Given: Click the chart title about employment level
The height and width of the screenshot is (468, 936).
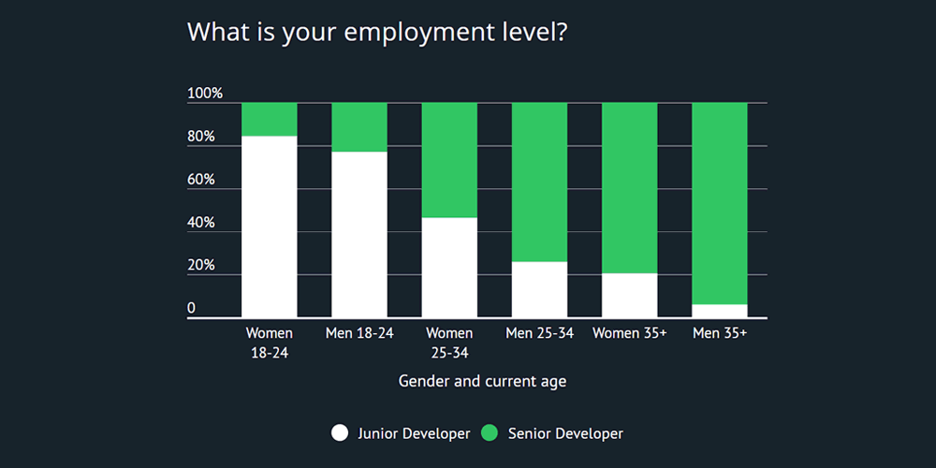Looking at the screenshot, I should pyautogui.click(x=377, y=32).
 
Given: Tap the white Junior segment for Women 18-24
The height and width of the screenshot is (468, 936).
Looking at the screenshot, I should pyautogui.click(x=270, y=227).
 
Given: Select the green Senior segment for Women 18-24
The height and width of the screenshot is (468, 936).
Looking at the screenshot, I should pyautogui.click(x=270, y=119).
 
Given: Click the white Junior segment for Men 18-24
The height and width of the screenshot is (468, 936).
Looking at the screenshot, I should pyautogui.click(x=359, y=234).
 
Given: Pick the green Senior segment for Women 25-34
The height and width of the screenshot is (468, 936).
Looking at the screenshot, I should pyautogui.click(x=449, y=160).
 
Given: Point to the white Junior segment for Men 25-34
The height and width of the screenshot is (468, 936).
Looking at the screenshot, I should pyautogui.click(x=539, y=289).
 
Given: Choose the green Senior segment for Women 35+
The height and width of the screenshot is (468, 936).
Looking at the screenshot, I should pyautogui.click(x=629, y=187).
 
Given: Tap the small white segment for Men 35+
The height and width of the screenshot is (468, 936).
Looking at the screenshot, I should pyautogui.click(x=720, y=311).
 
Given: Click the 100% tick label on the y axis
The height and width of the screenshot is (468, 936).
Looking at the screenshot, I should pyautogui.click(x=205, y=94).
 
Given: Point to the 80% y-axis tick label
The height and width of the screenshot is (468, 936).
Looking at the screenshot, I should pyautogui.click(x=201, y=137).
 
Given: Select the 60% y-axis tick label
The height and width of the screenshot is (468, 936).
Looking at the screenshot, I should pyautogui.click(x=201, y=180).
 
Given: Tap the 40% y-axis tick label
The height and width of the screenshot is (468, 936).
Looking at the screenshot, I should pyautogui.click(x=201, y=223).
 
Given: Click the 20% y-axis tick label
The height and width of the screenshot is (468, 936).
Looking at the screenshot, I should pyautogui.click(x=201, y=266).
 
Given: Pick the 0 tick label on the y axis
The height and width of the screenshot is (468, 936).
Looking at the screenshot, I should pyautogui.click(x=192, y=309).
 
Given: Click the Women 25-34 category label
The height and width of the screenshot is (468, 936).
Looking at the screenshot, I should pyautogui.click(x=449, y=343).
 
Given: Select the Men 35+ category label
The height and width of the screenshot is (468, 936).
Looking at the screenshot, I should pyautogui.click(x=720, y=333).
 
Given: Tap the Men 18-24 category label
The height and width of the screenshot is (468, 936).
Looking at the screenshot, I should pyautogui.click(x=359, y=333).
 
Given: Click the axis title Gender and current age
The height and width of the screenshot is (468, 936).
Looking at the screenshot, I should pyautogui.click(x=482, y=381).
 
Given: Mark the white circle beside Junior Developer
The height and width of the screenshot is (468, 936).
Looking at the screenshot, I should pyautogui.click(x=340, y=432).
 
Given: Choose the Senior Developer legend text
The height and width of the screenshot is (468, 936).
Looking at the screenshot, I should pyautogui.click(x=565, y=433).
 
